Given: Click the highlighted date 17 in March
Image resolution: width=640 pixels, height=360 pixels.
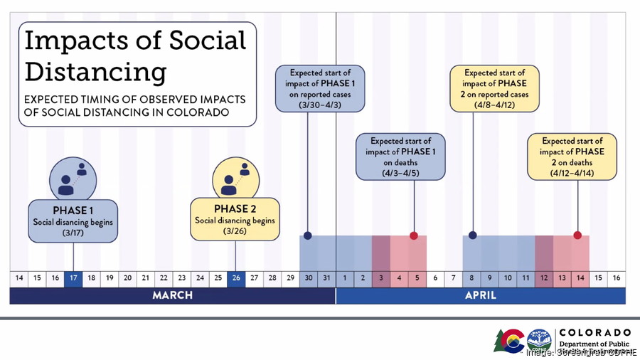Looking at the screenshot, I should pyautogui.click(x=73, y=277).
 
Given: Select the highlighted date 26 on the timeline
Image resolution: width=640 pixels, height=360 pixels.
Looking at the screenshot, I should pyautogui.click(x=236, y=277).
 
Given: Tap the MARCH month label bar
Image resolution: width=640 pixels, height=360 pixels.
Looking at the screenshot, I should pyautogui.click(x=172, y=295).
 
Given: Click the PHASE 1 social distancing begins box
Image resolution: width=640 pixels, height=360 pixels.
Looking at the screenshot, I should pyautogui.click(x=73, y=221).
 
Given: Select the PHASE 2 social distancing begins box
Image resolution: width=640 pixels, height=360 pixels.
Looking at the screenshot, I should pyautogui.click(x=235, y=219).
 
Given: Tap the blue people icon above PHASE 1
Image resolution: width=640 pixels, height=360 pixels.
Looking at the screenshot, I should pyautogui.click(x=73, y=179).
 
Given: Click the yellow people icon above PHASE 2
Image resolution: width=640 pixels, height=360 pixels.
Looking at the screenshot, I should pyautogui.click(x=235, y=178).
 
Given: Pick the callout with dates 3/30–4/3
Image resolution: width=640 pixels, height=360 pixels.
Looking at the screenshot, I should pyautogui.click(x=320, y=88).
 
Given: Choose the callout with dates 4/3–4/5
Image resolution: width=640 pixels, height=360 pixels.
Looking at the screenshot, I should pyautogui.click(x=401, y=157).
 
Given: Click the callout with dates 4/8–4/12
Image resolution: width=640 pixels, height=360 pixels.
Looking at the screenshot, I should pyautogui.click(x=494, y=88).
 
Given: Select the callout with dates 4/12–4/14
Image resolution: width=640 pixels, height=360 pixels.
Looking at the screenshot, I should pyautogui.click(x=572, y=157).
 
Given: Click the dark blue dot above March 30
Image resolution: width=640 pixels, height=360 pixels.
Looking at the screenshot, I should pyautogui.click(x=307, y=235).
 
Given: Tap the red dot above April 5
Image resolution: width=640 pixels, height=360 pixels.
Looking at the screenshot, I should pyautogui.click(x=413, y=235).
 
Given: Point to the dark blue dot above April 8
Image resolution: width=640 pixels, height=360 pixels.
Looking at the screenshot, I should pyautogui.click(x=472, y=235).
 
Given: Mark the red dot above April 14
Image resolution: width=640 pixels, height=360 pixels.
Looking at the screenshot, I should pyautogui.click(x=577, y=235).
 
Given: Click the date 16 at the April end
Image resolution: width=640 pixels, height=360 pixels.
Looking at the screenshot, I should pyautogui.click(x=616, y=277).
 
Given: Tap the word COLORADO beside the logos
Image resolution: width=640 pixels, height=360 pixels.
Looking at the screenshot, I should pyautogui.click(x=595, y=332).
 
